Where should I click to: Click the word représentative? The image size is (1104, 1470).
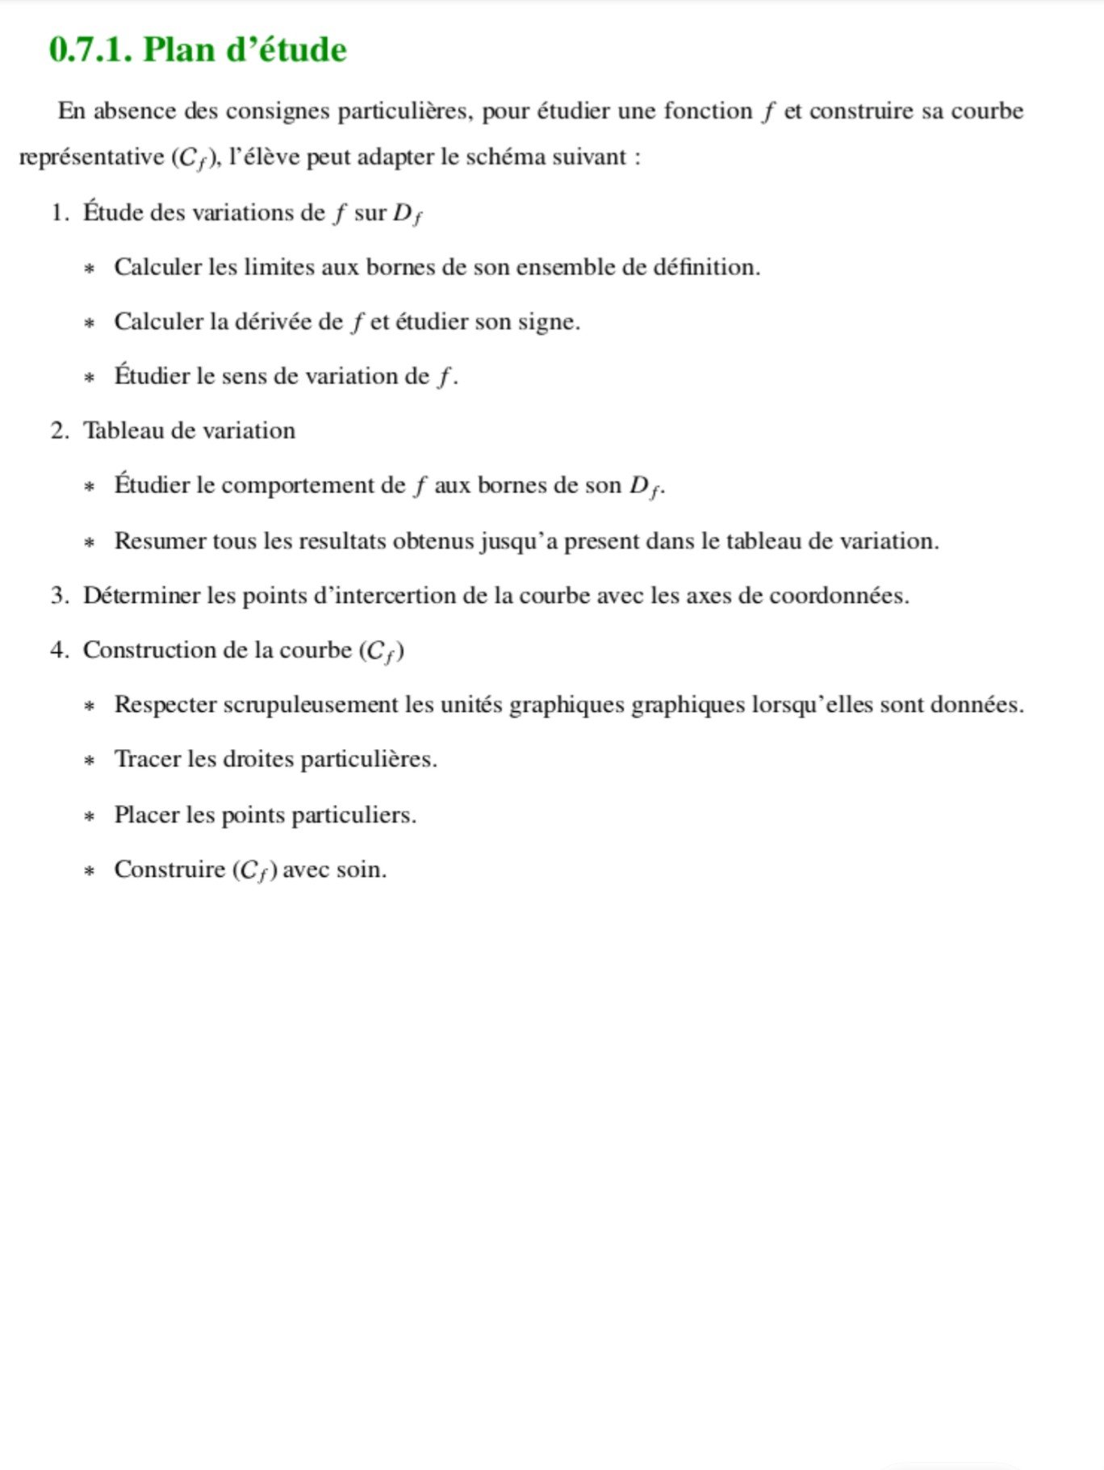pyautogui.click(x=91, y=157)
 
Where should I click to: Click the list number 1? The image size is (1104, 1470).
pyautogui.click(x=58, y=213)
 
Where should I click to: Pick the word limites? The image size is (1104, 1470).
pyautogui.click(x=279, y=267)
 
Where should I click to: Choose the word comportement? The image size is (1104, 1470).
pyautogui.click(x=313, y=486)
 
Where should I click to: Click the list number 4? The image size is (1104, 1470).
pyautogui.click(x=58, y=651)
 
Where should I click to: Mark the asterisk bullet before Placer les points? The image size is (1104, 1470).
pyautogui.click(x=90, y=817)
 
